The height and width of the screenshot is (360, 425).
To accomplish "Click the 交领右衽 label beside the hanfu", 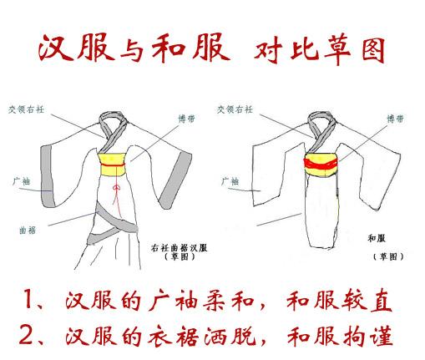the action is tap(26, 109).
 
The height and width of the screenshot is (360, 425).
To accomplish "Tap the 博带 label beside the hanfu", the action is tap(187, 119).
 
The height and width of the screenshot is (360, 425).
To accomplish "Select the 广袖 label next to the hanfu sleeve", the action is tap(21, 181).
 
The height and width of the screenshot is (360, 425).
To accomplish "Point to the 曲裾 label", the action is tap(28, 231).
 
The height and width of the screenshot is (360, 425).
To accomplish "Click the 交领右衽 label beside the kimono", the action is tap(235, 109).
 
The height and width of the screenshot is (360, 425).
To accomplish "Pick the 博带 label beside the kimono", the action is tap(396, 119).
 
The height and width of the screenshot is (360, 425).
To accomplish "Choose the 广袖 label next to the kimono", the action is tap(230, 181).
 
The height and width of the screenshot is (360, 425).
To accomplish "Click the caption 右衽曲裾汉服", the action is tap(179, 248).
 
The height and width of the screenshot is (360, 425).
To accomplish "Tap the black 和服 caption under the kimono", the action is tap(377, 238).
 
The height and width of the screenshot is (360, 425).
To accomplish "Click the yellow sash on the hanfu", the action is tap(113, 165).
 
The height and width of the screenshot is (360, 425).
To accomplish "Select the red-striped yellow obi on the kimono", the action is tap(321, 165).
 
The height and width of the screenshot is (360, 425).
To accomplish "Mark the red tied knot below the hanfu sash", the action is tap(116, 189).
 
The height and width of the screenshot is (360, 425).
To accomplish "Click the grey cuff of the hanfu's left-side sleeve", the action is tap(48, 176).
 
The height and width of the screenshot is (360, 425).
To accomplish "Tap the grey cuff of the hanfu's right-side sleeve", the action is tap(177, 180).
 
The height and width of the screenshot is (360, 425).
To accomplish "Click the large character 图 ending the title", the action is tap(373, 51).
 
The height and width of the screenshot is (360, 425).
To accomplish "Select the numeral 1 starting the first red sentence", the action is tap(28, 298).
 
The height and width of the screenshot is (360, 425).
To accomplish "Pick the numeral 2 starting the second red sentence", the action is tap(27, 335).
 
